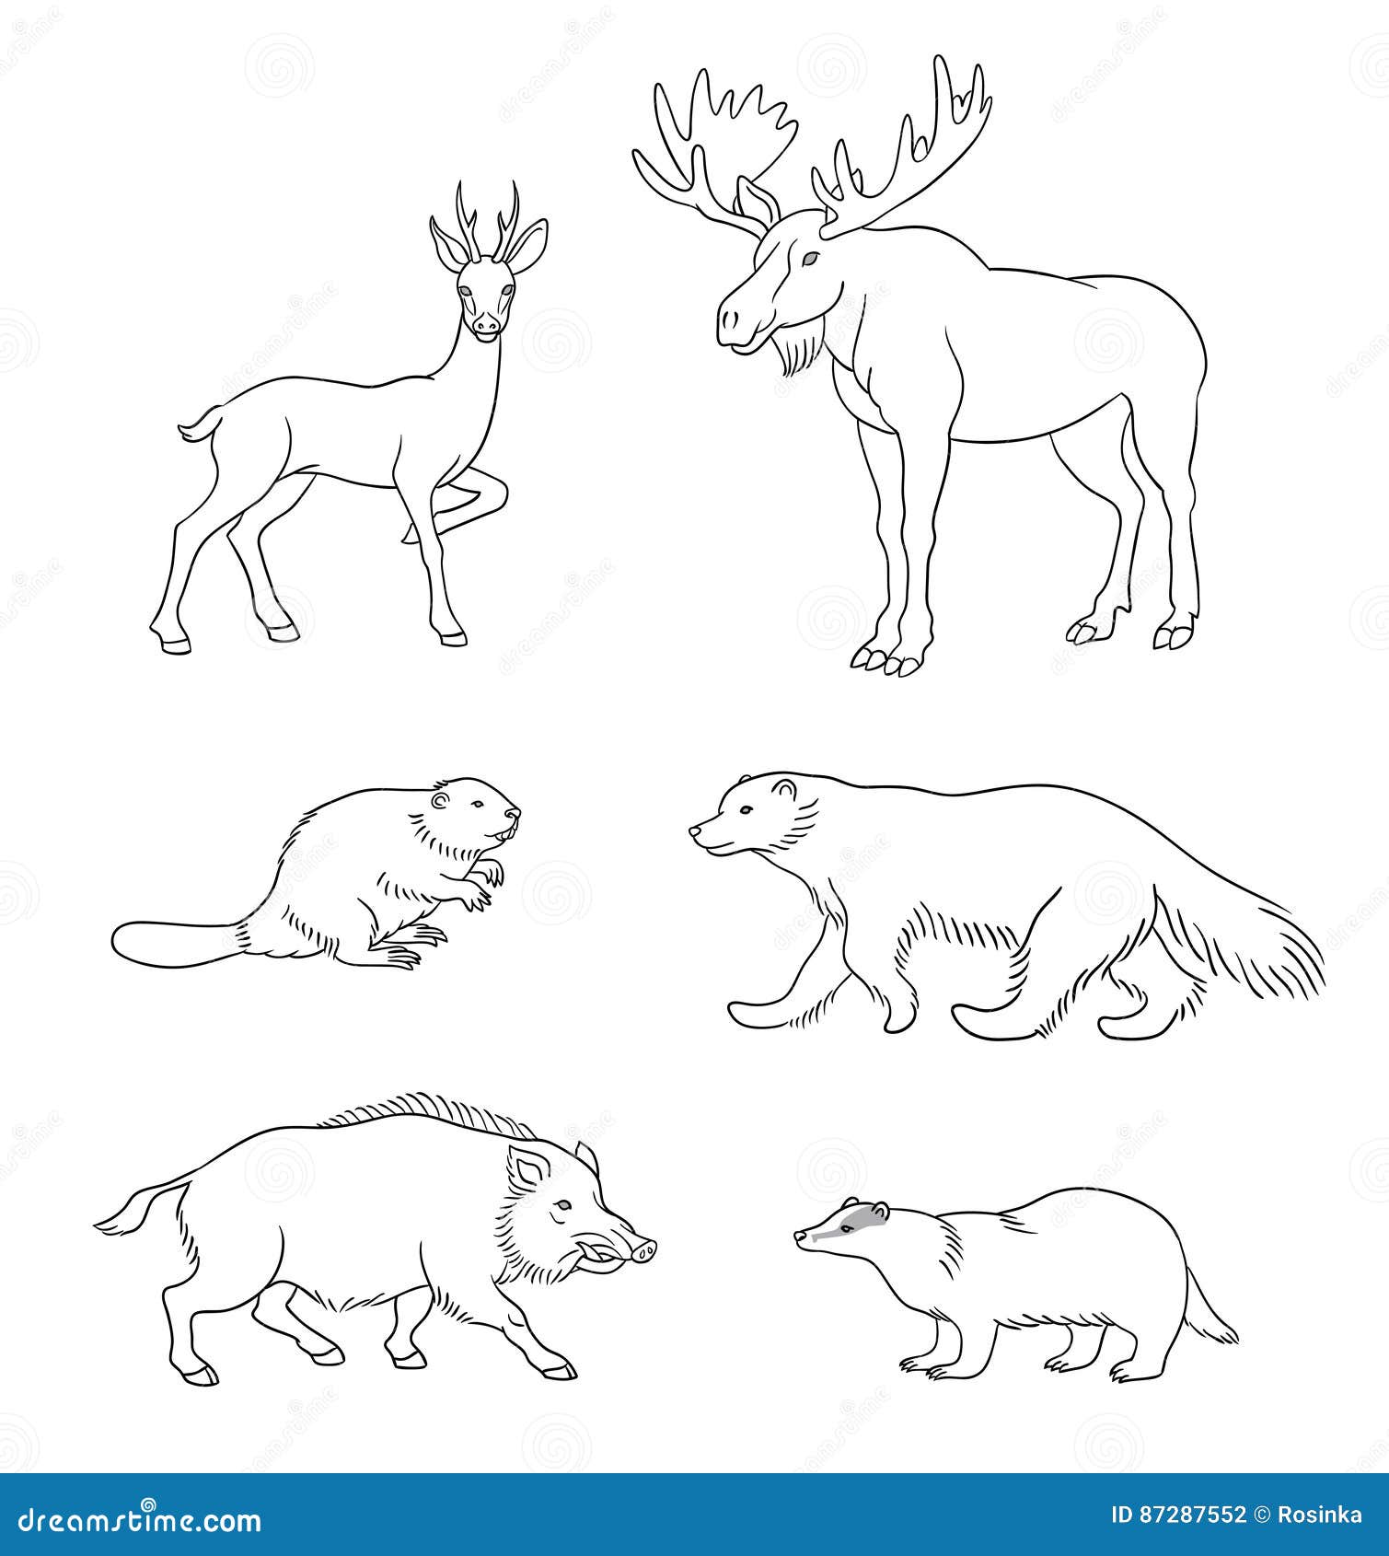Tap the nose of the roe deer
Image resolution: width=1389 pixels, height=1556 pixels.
(487, 324)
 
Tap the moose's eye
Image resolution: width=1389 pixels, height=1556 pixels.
(809, 261)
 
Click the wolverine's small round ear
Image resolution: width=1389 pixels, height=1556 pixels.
(784, 789)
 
